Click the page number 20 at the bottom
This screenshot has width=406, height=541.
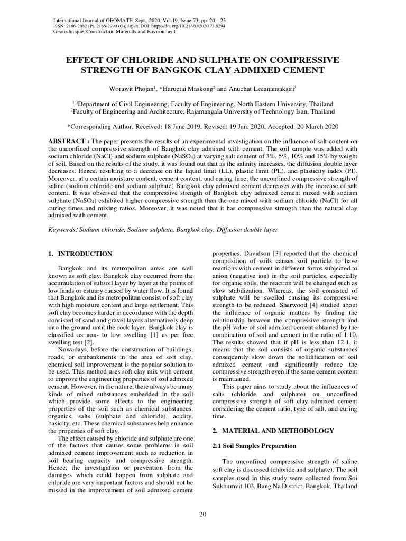click(202, 516)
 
